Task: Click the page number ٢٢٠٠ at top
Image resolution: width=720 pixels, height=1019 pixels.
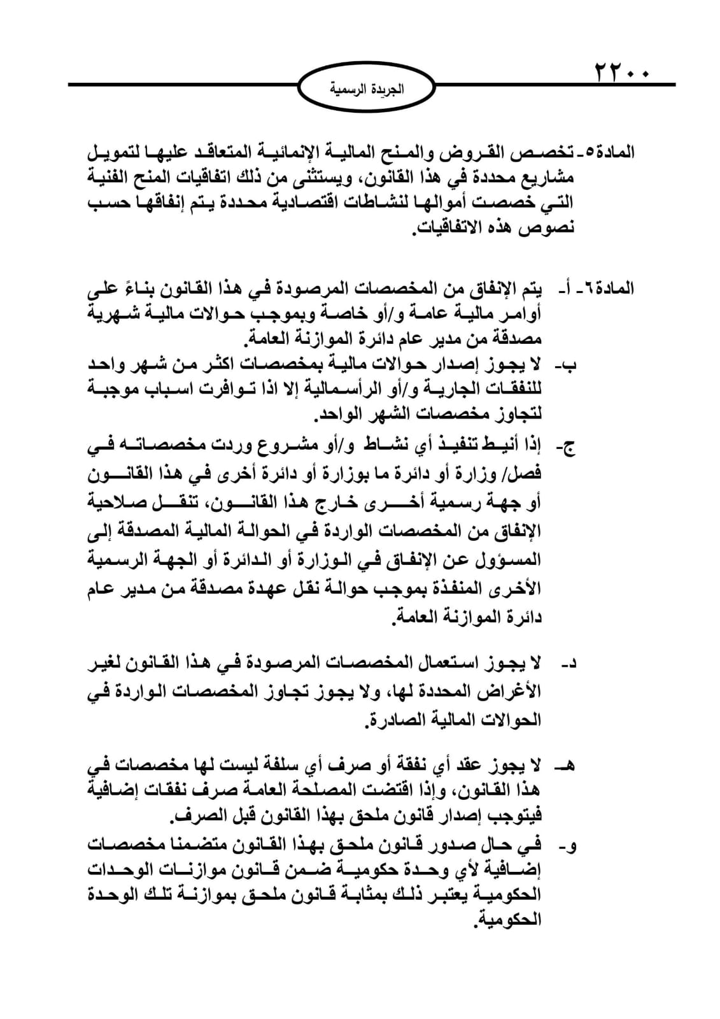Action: [621, 71]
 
